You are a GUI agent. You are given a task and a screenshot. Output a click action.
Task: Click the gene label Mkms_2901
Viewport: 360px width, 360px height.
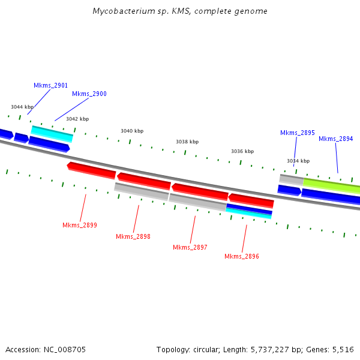50,86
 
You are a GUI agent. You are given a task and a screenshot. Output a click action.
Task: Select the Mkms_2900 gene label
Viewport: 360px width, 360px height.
89,94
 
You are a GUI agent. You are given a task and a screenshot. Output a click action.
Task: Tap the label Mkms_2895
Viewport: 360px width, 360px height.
297,133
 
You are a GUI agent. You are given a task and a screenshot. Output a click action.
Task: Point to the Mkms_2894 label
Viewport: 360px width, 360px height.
335,139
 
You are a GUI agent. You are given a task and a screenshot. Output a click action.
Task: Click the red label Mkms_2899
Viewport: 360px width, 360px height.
80,225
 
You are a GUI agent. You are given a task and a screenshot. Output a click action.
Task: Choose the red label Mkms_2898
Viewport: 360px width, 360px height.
133,236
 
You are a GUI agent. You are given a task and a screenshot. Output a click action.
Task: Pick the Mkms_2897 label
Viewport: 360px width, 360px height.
190,247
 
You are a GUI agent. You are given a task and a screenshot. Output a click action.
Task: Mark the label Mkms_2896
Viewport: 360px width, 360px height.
242,256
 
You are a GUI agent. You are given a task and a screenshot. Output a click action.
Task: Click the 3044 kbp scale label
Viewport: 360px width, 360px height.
22,107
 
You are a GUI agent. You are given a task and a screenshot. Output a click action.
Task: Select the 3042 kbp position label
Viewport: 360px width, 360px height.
77,119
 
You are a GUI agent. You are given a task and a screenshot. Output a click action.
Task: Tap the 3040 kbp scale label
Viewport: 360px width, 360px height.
132,131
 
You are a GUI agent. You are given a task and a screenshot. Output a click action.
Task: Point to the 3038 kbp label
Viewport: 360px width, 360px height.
187,142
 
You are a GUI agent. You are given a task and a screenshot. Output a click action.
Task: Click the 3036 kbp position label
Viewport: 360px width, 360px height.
242,151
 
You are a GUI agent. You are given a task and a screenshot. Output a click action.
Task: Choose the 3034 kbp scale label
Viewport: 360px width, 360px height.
298,161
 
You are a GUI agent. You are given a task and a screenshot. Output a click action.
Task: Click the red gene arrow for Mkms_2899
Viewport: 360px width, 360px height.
91,170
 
